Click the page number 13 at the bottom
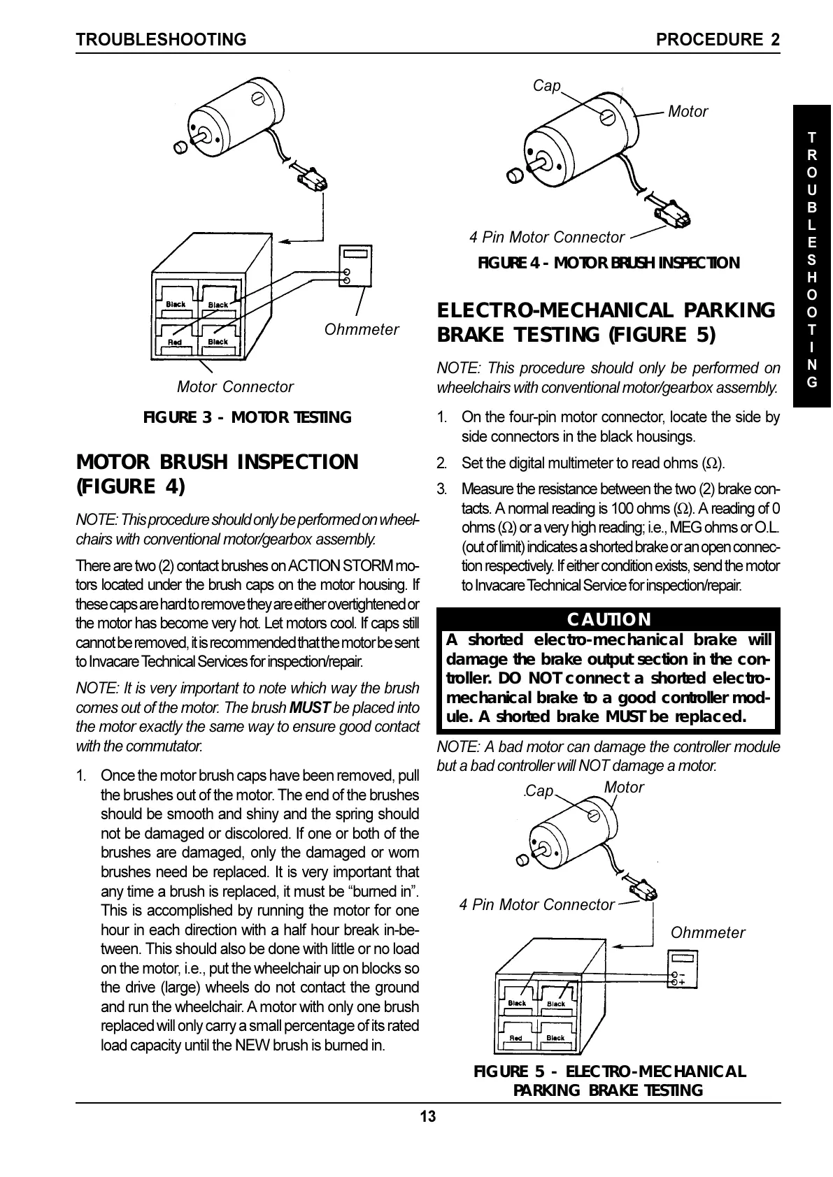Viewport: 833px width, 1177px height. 427,1116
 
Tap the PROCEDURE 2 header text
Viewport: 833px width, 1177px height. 718,40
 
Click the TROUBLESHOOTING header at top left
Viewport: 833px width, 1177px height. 162,40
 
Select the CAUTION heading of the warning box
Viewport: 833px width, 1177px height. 608,619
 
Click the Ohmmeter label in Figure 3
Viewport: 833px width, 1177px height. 361,329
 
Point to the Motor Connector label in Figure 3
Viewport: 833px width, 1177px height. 235,387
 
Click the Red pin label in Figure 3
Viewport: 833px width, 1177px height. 175,342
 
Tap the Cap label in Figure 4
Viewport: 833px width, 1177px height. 547,85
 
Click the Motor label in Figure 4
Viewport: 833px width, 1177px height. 688,111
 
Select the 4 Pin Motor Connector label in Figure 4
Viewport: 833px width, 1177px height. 546,238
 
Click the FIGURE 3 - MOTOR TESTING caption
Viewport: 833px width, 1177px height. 247,418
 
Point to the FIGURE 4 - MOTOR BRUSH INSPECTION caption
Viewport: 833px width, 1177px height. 608,263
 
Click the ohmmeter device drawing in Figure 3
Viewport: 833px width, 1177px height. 355,266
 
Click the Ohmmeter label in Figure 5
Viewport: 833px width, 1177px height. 708,932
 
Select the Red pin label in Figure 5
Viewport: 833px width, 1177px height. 515,1038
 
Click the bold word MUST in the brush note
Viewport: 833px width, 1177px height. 305,707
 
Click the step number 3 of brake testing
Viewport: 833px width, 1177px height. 442,488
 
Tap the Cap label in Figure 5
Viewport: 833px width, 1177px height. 539,791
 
